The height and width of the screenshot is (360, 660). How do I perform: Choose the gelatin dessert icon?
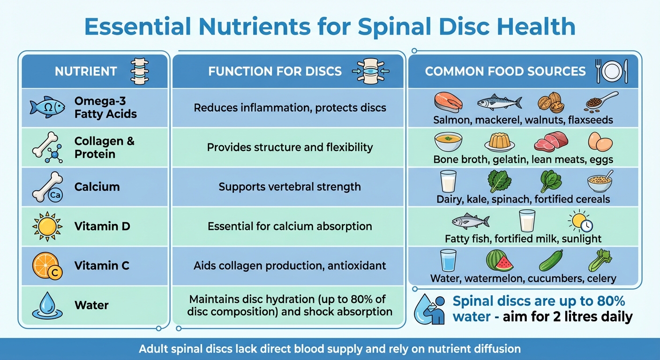click(x=499, y=141)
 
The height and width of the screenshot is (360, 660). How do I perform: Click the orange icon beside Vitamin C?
click(x=45, y=265)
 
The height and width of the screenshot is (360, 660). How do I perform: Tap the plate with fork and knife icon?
click(x=611, y=71)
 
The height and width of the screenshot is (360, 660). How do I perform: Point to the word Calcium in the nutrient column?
click(x=97, y=187)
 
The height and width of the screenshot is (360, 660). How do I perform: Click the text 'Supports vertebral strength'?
click(x=289, y=187)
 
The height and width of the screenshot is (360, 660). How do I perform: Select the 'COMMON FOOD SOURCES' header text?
click(x=505, y=72)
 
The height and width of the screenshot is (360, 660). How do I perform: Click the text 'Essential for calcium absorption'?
click(x=289, y=226)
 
